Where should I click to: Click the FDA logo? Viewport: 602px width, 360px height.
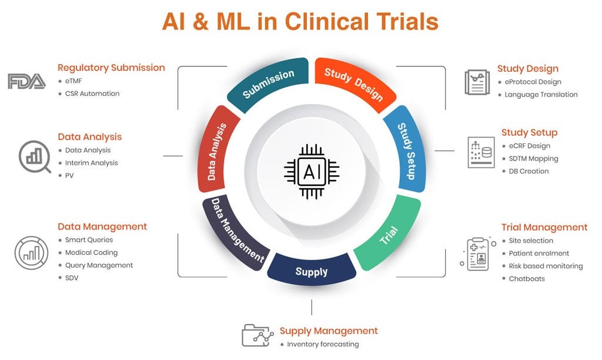coord(26,81)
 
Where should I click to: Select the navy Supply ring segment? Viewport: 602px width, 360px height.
coord(312,271)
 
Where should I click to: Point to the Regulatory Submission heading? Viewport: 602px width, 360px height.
coord(111,68)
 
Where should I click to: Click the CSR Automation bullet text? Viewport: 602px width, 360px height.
coord(92,94)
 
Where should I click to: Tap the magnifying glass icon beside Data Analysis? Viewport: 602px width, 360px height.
coord(35,156)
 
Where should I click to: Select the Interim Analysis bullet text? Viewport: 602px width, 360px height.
coord(91,163)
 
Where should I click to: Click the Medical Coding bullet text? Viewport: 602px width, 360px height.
coord(91,252)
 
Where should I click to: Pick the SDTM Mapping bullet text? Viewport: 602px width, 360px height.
coord(533,158)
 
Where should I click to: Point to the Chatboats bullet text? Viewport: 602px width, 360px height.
coord(527,278)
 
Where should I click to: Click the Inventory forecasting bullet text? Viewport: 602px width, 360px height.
coord(323,344)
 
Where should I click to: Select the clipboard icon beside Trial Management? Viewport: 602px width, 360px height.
coord(477,254)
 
